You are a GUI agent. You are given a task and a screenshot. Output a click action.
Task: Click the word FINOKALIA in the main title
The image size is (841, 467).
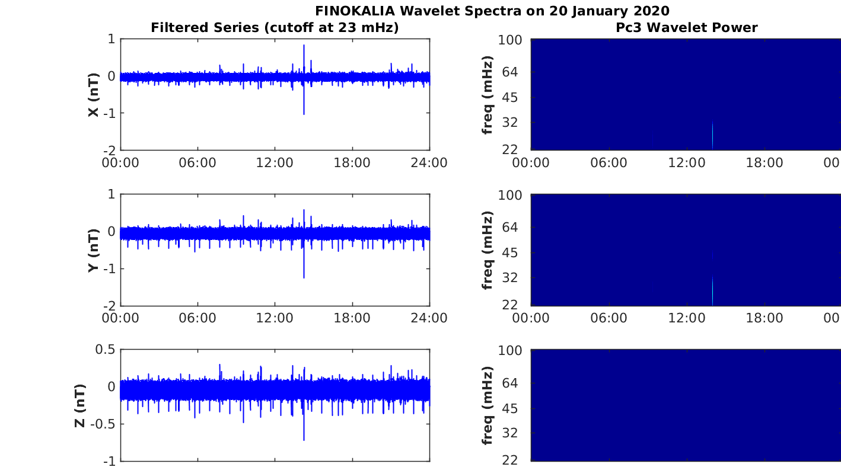[x=355, y=11]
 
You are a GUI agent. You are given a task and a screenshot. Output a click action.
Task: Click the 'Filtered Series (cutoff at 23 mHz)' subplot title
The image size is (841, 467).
[x=275, y=28]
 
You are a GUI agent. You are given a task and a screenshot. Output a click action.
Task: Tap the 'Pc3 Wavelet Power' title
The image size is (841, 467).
[x=687, y=28]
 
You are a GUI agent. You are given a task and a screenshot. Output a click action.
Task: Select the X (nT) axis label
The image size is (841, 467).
[x=94, y=94]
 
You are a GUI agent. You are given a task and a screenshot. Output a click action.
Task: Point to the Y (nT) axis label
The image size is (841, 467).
[x=94, y=250]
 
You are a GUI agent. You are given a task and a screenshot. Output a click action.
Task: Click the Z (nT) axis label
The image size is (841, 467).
[x=80, y=405]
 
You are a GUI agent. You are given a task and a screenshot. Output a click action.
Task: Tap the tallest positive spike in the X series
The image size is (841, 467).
[x=304, y=46]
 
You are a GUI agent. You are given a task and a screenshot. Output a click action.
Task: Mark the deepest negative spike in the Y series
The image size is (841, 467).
[x=304, y=277]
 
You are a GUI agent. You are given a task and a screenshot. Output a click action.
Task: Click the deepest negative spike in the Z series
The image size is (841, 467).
[x=304, y=440]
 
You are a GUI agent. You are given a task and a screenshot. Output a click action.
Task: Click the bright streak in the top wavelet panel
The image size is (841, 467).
[x=712, y=135]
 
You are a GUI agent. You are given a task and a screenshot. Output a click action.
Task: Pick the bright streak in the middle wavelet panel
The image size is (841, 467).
[x=712, y=291]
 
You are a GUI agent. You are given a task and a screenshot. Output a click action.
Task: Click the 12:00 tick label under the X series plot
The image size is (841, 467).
[x=275, y=163]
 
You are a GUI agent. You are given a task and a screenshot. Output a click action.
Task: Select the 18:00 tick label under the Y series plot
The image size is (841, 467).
[x=352, y=318]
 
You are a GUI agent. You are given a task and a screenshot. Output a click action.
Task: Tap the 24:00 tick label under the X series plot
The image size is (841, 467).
[x=429, y=163]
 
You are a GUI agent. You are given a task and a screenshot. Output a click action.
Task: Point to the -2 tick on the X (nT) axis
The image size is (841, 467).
[x=110, y=151]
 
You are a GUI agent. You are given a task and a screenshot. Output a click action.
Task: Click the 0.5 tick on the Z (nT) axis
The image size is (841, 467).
[x=105, y=350]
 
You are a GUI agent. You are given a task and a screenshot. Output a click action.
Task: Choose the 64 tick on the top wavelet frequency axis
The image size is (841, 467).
[x=510, y=72]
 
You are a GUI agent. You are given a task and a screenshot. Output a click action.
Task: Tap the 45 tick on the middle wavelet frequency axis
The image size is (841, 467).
[x=510, y=253]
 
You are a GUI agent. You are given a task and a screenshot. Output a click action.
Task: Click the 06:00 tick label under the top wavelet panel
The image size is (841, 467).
[x=609, y=163]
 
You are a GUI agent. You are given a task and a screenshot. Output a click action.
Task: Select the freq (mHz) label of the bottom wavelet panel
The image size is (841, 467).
[x=487, y=405]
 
